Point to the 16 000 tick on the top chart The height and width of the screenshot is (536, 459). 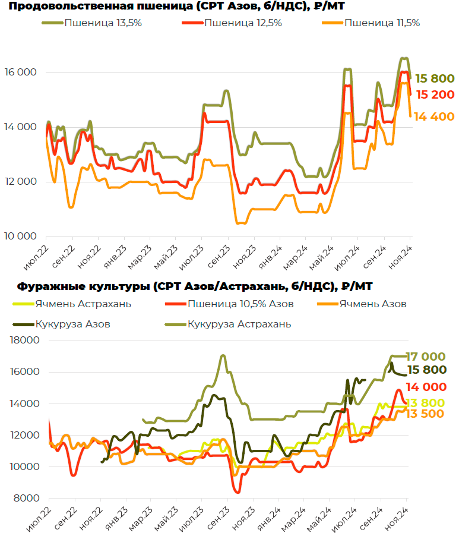pos(21,72)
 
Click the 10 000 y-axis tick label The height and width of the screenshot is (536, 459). pos(21,237)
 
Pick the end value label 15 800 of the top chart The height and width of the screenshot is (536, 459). pos(434,78)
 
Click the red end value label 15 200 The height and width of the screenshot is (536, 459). pos(435,94)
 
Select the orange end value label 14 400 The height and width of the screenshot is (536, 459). pos(434,116)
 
